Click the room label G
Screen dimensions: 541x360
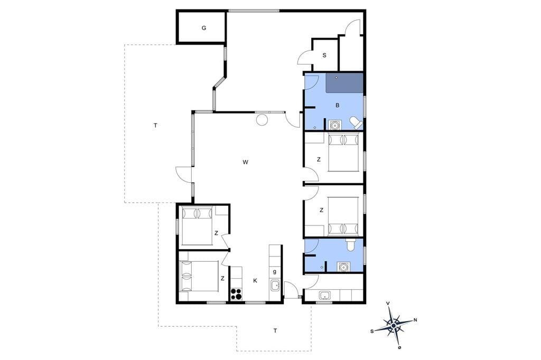click(x=204, y=28)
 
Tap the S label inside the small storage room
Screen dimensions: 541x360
click(x=324, y=55)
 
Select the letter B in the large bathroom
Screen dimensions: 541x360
click(x=338, y=105)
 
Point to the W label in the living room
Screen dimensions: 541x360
click(x=245, y=162)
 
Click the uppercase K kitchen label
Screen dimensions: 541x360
click(x=255, y=281)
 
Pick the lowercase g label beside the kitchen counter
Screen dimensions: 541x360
click(x=275, y=271)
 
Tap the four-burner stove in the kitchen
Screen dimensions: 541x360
click(x=236, y=294)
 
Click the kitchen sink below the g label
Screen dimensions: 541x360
click(x=275, y=286)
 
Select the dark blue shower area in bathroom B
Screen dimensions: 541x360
click(x=344, y=83)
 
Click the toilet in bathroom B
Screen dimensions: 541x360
click(x=357, y=122)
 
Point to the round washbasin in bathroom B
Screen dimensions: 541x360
click(x=334, y=125)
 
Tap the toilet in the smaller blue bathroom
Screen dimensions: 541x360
click(x=350, y=245)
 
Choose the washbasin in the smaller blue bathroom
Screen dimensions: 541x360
click(x=343, y=267)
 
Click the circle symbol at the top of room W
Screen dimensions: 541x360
click(x=262, y=120)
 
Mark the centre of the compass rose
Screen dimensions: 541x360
click(x=394, y=325)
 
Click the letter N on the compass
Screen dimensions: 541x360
click(x=415, y=320)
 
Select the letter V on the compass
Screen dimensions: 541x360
click(x=388, y=304)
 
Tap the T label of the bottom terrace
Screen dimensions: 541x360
click(x=275, y=330)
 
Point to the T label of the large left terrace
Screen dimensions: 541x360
click(x=156, y=126)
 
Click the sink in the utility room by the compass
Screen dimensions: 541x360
click(x=325, y=296)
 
